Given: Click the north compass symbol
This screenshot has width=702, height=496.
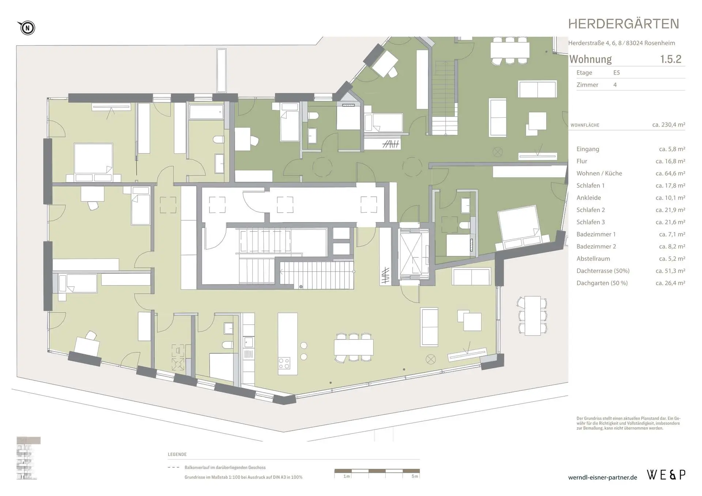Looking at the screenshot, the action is (x=26, y=28).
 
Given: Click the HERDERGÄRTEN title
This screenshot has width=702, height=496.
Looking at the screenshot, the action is (x=623, y=24).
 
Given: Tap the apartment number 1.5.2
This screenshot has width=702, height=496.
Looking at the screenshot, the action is (x=671, y=59).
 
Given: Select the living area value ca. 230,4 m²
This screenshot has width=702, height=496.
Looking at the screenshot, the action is (x=668, y=125).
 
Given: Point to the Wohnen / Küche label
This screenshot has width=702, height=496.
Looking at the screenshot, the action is (x=599, y=173).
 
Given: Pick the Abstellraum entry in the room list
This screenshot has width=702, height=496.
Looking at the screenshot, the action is (x=593, y=258).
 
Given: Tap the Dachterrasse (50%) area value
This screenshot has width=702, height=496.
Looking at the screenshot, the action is (x=670, y=271).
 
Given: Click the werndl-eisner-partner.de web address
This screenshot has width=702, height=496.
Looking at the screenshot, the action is (x=603, y=477).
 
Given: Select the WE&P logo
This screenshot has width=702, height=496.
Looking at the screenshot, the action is (x=666, y=475).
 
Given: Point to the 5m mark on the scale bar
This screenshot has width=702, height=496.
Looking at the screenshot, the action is (x=415, y=476).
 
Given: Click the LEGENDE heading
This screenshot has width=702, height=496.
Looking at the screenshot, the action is (x=177, y=454).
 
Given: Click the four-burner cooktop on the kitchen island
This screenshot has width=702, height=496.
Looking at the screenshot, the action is (x=284, y=363).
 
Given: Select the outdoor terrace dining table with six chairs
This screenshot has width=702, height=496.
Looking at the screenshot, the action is (x=532, y=316).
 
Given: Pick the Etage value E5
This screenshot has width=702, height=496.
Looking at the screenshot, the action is (x=616, y=72).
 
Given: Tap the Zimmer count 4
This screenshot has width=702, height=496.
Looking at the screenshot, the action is (x=615, y=84).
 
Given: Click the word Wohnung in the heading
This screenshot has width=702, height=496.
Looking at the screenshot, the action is (x=590, y=59).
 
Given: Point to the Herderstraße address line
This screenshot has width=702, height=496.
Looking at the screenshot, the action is (x=622, y=43).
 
